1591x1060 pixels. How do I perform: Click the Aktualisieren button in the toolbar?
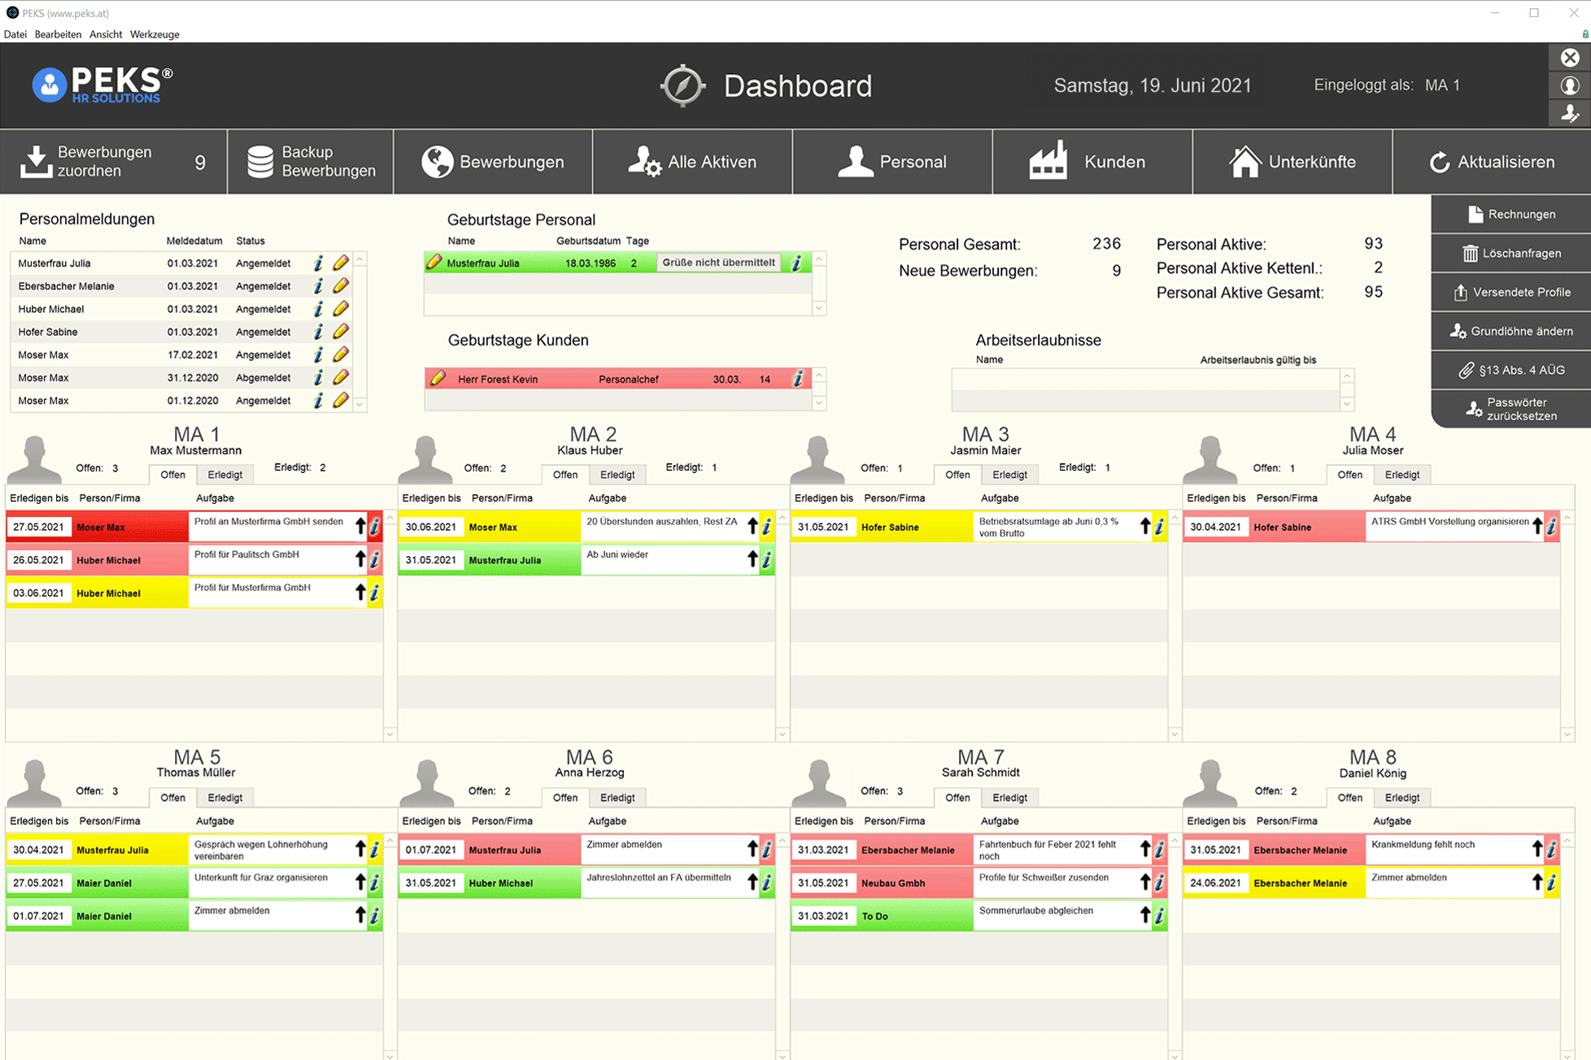[x=1492, y=162]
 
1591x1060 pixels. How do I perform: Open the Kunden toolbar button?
[x=1092, y=162]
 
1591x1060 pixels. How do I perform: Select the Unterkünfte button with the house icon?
[x=1292, y=162]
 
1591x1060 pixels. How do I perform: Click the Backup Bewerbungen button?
[x=311, y=162]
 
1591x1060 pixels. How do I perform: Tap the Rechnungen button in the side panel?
[x=1511, y=215]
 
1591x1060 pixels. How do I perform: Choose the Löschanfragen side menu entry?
[x=1511, y=254]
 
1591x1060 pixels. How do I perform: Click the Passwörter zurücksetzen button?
[x=1511, y=409]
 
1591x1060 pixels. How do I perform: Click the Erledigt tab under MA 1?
[x=224, y=475]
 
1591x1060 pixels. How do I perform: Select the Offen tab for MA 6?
[x=564, y=797]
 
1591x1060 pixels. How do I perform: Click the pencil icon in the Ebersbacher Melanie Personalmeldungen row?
[x=341, y=286]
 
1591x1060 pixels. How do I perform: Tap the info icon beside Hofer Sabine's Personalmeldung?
[x=318, y=332]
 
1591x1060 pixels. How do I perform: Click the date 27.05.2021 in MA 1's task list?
[x=38, y=527]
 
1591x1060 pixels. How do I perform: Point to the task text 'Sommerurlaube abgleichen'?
[x=1035, y=910]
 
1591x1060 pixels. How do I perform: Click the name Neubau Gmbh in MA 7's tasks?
[x=893, y=883]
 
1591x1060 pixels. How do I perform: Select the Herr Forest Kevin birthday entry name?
[x=498, y=380]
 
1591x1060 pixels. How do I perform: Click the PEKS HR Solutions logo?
[x=102, y=85]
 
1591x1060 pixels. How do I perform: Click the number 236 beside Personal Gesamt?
[x=1106, y=244]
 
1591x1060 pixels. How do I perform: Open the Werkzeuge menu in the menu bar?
[x=155, y=34]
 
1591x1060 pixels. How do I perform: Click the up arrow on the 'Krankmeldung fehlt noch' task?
[x=1537, y=849]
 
